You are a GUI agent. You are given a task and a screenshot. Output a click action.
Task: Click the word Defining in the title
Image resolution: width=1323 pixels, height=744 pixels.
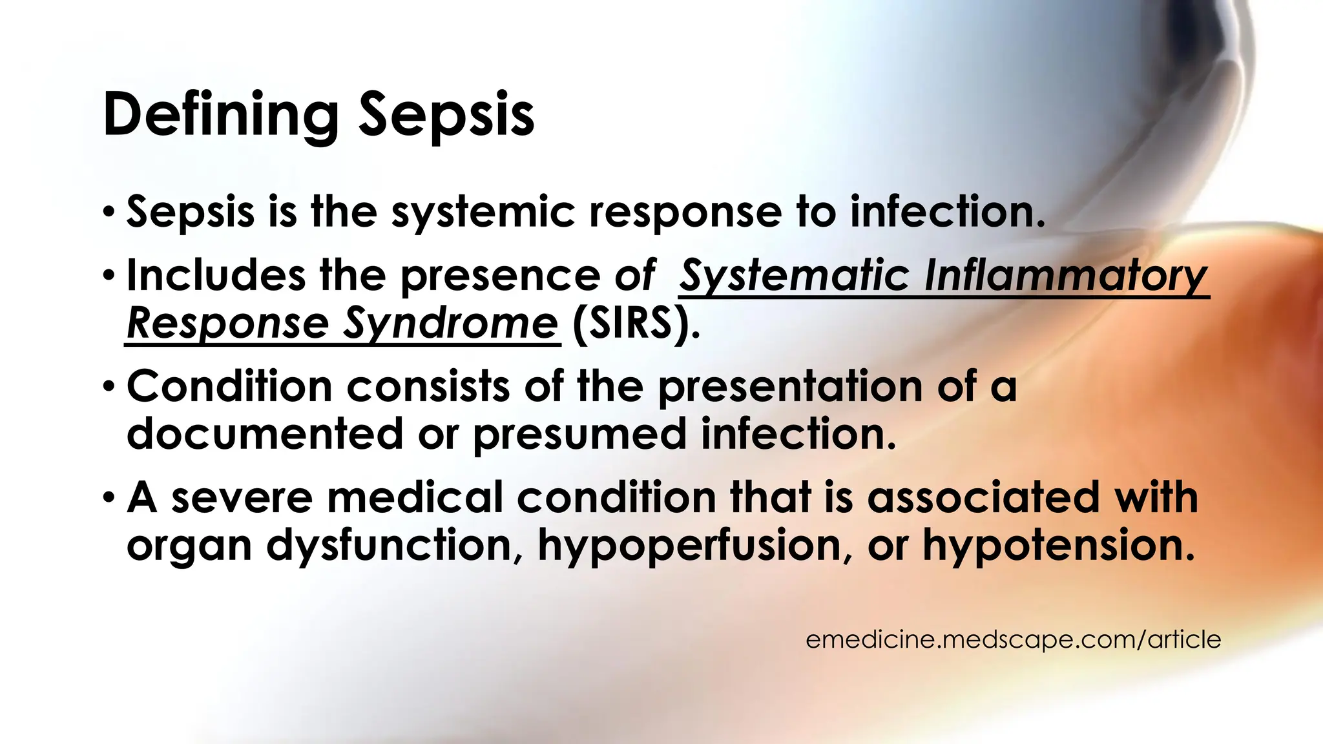(x=220, y=115)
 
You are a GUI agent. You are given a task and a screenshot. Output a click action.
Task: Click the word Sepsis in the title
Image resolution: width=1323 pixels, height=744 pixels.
(x=446, y=115)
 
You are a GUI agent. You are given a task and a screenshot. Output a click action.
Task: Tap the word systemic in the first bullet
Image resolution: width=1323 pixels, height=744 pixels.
(x=483, y=212)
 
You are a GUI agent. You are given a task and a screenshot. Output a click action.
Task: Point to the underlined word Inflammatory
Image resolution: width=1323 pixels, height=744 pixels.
(x=1066, y=276)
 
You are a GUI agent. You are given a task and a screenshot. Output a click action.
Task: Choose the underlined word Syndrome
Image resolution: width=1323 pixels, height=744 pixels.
(x=450, y=323)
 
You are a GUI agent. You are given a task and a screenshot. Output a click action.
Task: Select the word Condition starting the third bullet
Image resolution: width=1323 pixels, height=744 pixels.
(x=229, y=386)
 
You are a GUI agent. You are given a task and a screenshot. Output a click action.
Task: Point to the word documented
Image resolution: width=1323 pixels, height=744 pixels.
(x=265, y=433)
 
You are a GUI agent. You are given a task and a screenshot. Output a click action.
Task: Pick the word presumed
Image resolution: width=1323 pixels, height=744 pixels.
(x=579, y=433)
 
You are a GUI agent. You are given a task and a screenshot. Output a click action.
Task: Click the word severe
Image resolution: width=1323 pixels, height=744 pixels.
(x=242, y=497)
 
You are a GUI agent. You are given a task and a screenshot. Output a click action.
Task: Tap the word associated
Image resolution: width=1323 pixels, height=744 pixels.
(x=983, y=497)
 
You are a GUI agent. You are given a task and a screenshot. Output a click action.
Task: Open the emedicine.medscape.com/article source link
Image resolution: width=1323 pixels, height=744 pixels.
(x=1013, y=639)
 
